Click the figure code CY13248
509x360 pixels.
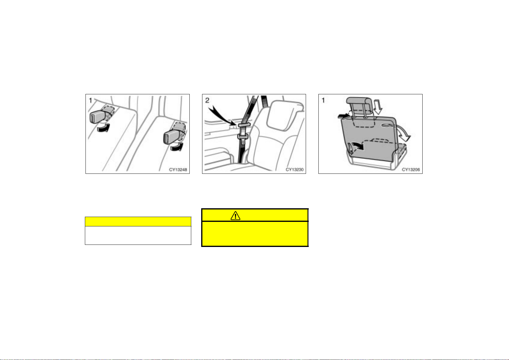pos(178,170)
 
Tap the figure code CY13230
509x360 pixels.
pos(295,170)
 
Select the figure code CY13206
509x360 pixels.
pos(411,170)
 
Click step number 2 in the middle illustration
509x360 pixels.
pos(207,100)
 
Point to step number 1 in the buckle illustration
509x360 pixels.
pos(90,100)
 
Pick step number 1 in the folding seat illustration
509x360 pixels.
pos(323,100)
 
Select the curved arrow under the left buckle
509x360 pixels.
pos(104,128)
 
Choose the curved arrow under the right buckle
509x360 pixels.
pos(177,147)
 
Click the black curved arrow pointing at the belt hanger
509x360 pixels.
pos(223,116)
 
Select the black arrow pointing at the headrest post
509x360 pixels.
pos(343,116)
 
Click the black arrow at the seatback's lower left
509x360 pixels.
pos(358,146)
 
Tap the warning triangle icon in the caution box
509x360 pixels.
pos(235,216)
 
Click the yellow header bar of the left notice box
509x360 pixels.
pos(138,222)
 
